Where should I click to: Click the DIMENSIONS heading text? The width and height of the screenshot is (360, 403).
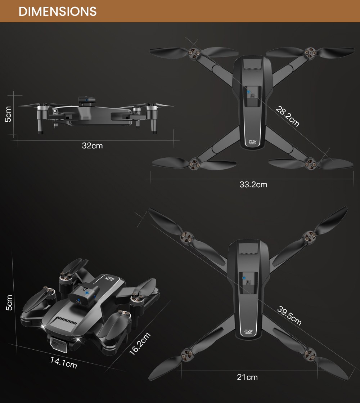coord(58,11)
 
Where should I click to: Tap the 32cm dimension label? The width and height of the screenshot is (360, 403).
coord(92,145)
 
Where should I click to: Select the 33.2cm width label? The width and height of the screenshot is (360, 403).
coord(253,185)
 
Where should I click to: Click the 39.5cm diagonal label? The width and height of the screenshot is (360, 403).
coord(289,315)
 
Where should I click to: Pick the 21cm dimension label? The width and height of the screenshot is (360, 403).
coord(247,377)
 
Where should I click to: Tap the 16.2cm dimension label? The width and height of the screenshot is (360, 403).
coord(140,344)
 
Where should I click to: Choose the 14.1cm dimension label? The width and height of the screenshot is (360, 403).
coord(63,363)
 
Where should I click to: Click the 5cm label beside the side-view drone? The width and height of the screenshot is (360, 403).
coord(8,114)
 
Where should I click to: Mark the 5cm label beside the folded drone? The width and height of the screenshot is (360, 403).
coord(9,303)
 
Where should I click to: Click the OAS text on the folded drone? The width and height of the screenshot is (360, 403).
coord(79,302)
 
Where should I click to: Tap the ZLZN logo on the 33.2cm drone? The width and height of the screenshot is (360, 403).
coord(252,142)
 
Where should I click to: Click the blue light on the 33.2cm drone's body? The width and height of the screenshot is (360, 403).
coord(248,91)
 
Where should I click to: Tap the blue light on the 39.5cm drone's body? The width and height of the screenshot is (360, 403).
coord(244,278)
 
